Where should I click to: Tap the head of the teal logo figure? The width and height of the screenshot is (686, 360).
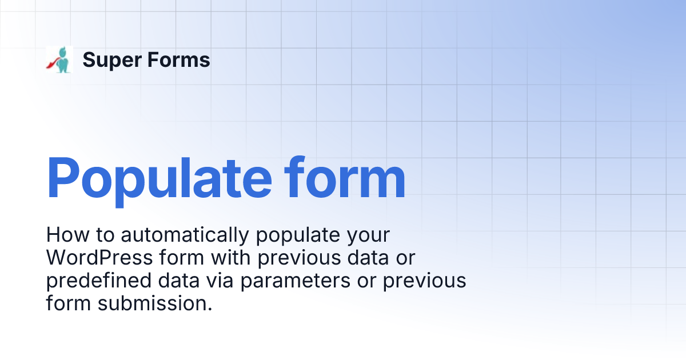(62, 51)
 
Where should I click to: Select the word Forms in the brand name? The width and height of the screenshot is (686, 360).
(178, 60)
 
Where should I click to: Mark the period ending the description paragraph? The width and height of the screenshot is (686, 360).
(209, 309)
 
